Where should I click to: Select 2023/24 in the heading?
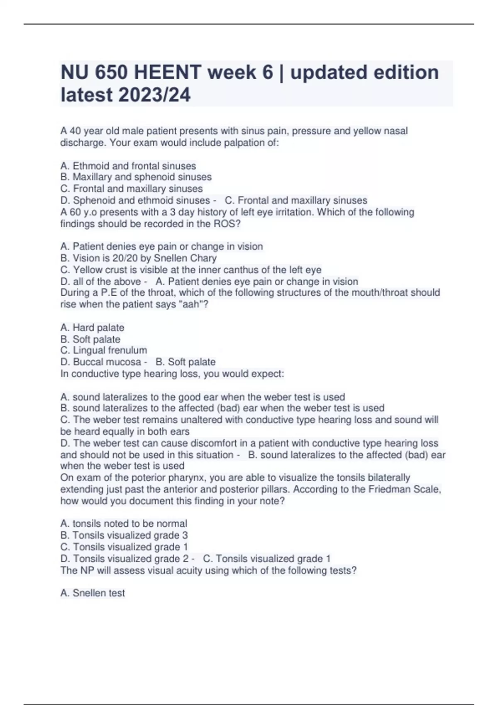(154, 95)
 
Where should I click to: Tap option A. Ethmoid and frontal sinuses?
(128, 166)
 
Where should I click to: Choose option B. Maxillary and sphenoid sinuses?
(136, 177)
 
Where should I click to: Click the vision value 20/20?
(124, 258)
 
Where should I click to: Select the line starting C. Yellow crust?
(190, 270)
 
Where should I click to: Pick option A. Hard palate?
(92, 328)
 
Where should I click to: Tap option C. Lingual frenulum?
(103, 350)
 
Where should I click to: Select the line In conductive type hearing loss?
(172, 374)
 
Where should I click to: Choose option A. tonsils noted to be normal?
(123, 524)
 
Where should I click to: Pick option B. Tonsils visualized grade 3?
(124, 535)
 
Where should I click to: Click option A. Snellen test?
(92, 593)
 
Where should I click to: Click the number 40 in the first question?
(75, 131)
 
